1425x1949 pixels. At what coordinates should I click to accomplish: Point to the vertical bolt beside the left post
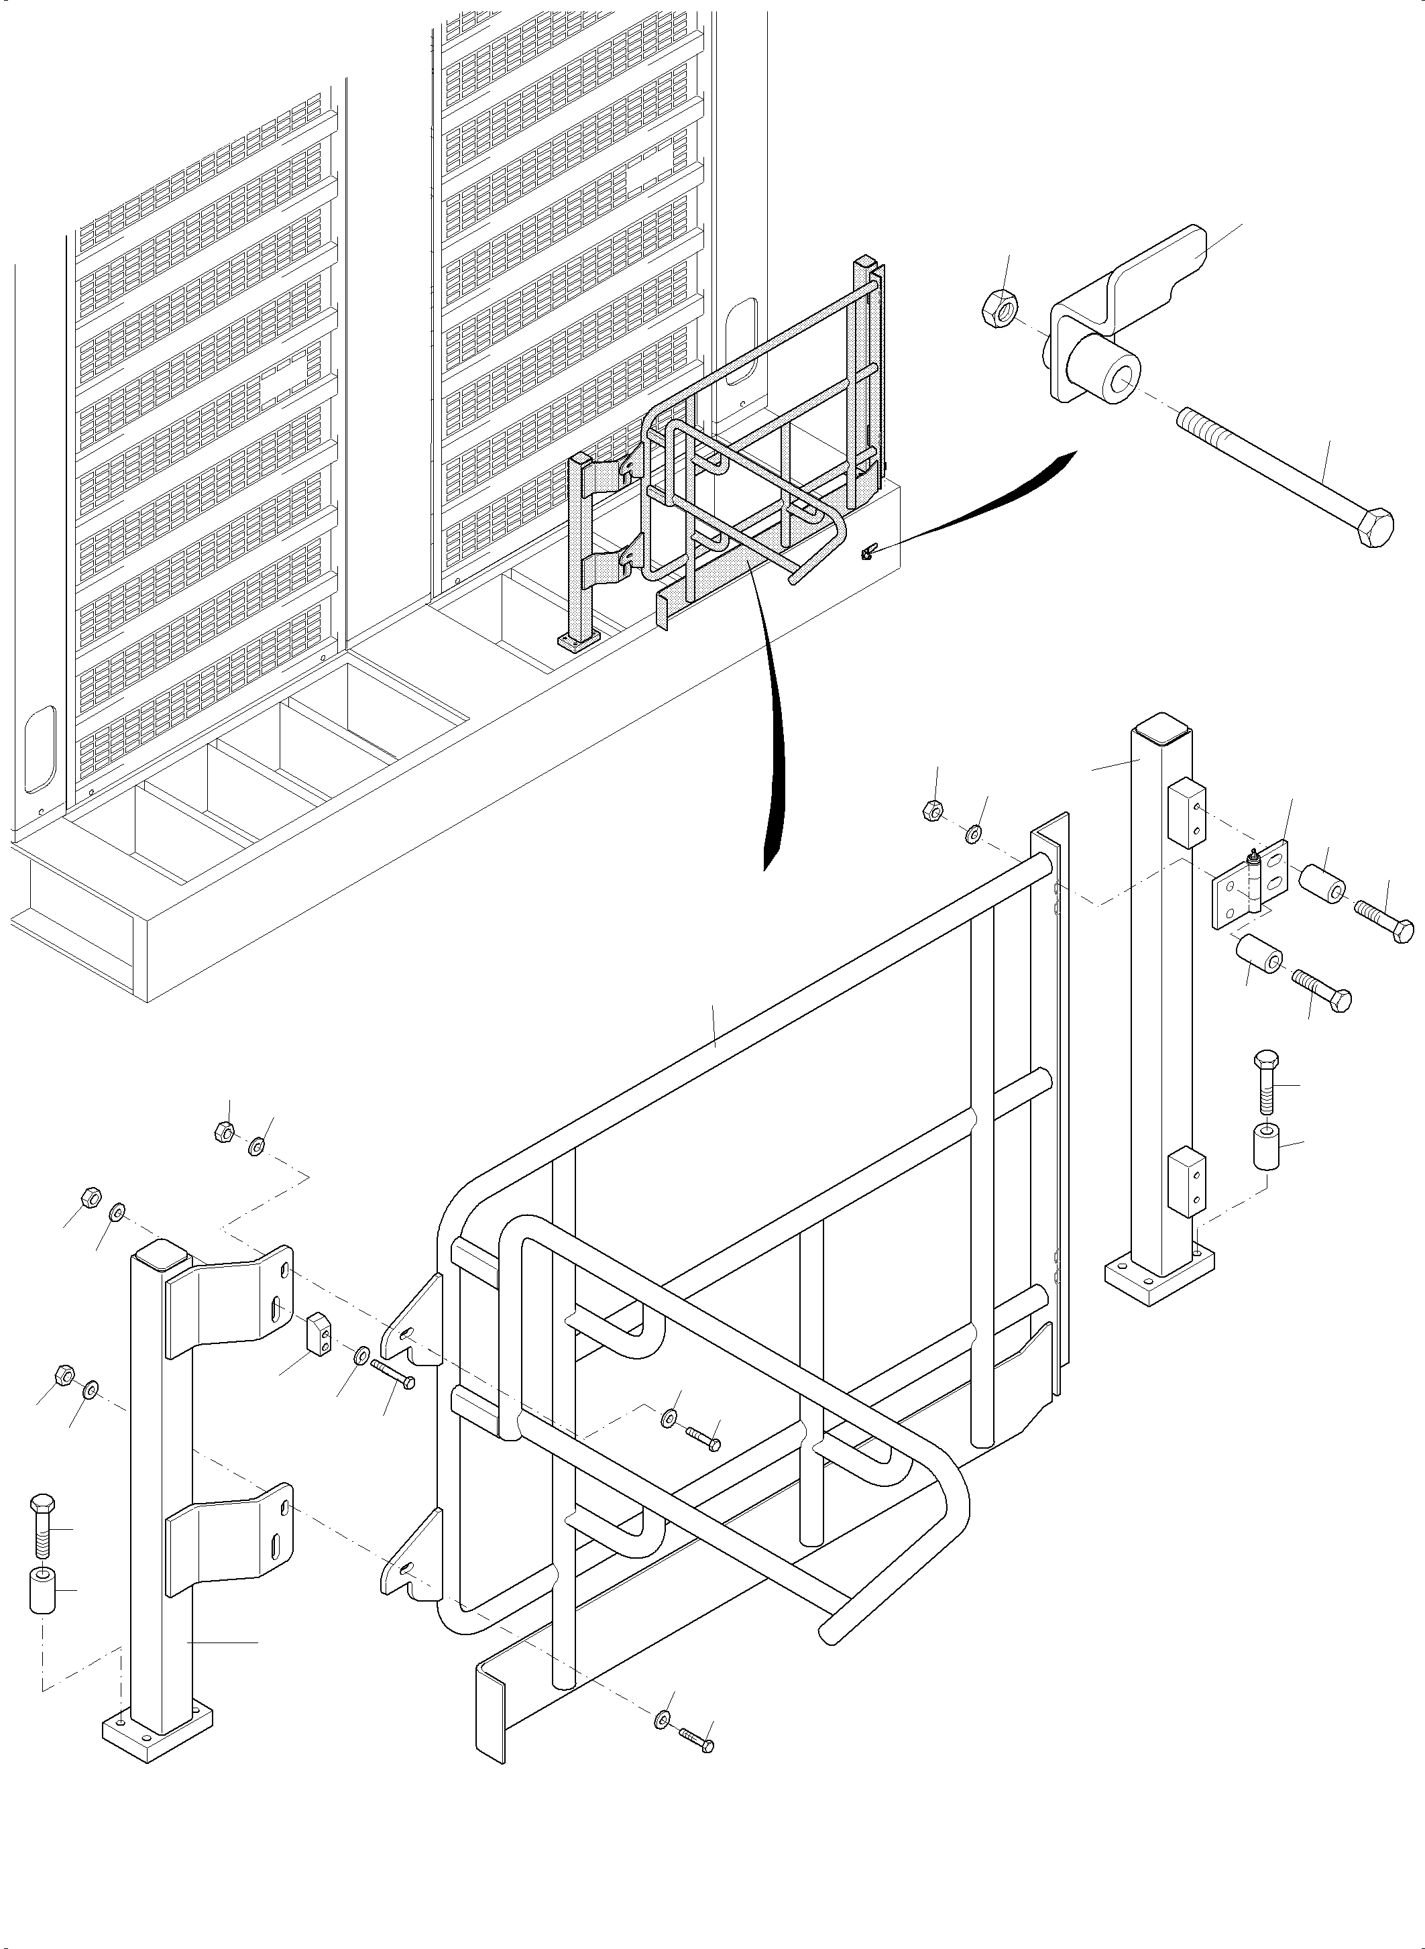[x=43, y=1526]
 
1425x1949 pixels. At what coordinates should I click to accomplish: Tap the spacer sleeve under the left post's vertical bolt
[x=42, y=1590]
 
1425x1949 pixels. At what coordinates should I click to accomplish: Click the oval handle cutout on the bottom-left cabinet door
[x=40, y=749]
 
